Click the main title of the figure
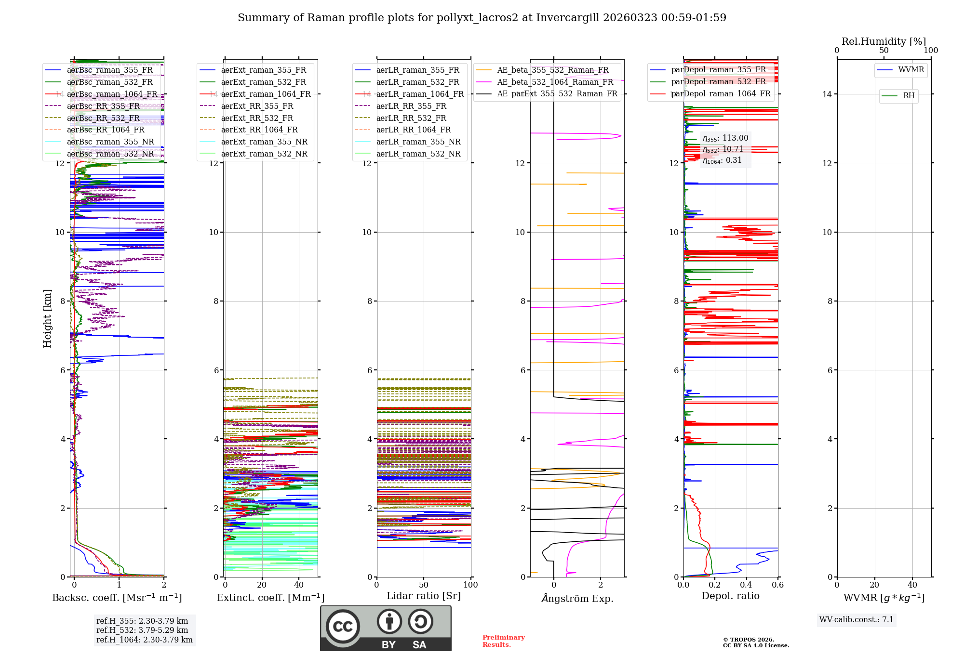pyautogui.click(x=482, y=18)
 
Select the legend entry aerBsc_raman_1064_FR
pyautogui.click(x=112, y=94)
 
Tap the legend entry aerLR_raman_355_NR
pyautogui.click(x=418, y=142)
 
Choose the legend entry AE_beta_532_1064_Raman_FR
pyautogui.click(x=555, y=82)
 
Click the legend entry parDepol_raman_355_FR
pyautogui.click(x=718, y=70)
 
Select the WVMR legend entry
pyautogui.click(x=911, y=70)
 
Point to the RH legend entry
pyautogui.click(x=909, y=96)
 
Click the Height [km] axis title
pyautogui.click(x=47, y=318)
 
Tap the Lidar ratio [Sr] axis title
pyautogui.click(x=423, y=596)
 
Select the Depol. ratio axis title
pyautogui.click(x=730, y=596)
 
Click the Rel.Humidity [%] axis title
pyautogui.click(x=884, y=41)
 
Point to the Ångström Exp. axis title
pyautogui.click(x=577, y=598)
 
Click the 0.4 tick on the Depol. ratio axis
pyautogui.click(x=746, y=585)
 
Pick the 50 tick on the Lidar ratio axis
pyautogui.click(x=424, y=585)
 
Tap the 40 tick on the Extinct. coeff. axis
pyautogui.click(x=299, y=585)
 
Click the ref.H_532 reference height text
pyautogui.click(x=142, y=630)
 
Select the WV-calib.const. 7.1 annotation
pyautogui.click(x=857, y=619)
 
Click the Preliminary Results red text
pyautogui.click(x=503, y=641)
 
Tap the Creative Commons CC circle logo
pyautogui.click(x=343, y=627)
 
